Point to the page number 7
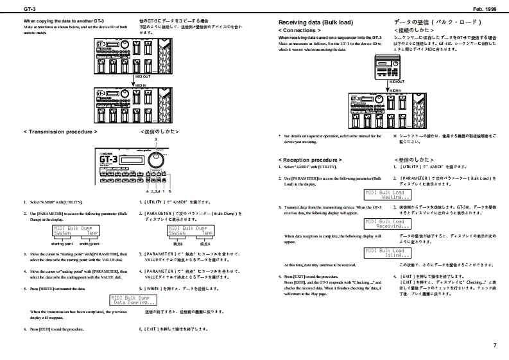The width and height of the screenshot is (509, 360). click(x=495, y=346)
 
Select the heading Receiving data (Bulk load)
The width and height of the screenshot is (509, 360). click(x=315, y=22)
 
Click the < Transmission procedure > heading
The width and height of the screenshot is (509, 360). click(x=61, y=131)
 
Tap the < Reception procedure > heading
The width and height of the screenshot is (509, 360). click(x=310, y=159)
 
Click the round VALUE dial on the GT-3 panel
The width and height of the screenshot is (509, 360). click(x=155, y=159)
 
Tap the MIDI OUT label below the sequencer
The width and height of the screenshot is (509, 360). click(x=398, y=82)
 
